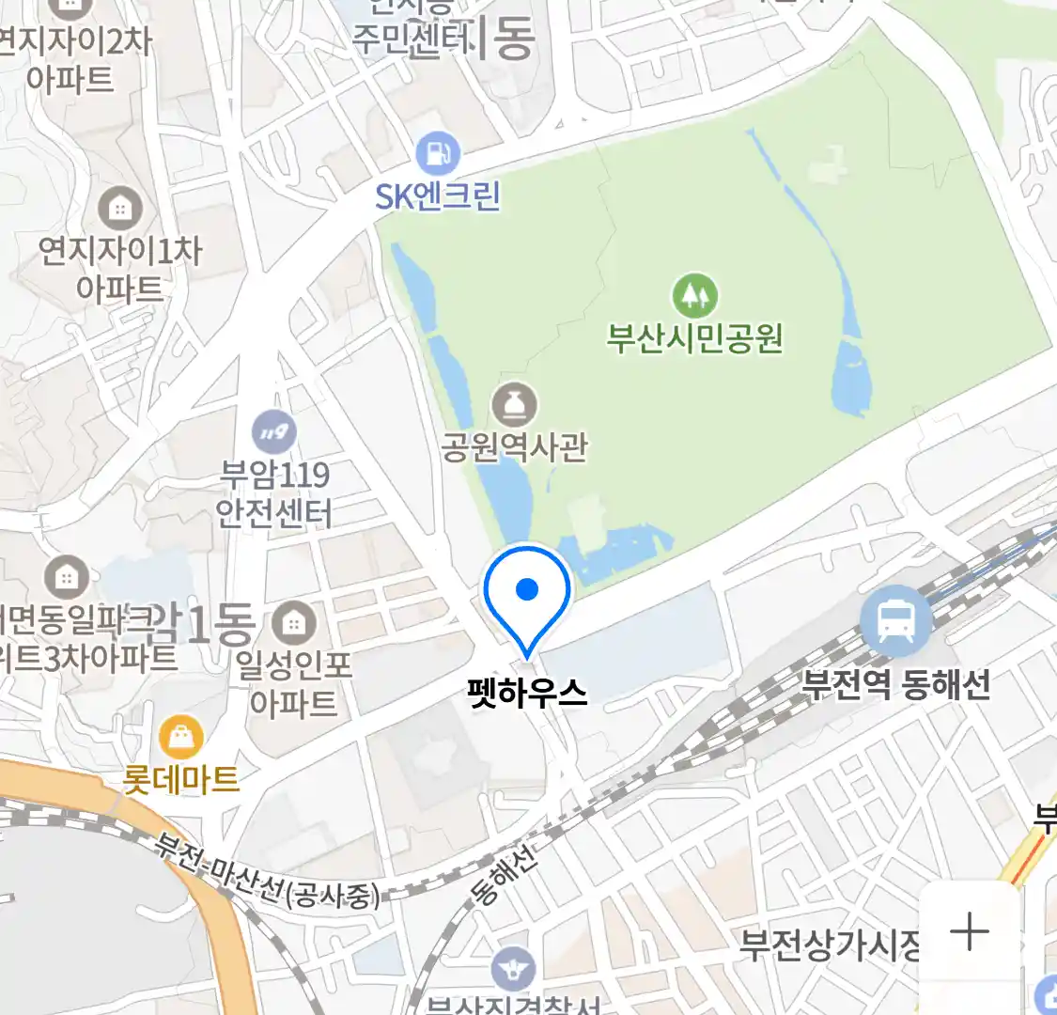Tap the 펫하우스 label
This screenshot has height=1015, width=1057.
(527, 693)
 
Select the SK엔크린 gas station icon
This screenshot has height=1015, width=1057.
(438, 152)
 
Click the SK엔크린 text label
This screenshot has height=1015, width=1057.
(438, 196)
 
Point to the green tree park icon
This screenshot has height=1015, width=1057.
(694, 295)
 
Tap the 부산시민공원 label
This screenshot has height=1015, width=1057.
(694, 337)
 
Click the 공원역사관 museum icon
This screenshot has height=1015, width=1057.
(515, 406)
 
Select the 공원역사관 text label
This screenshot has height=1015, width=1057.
(515, 445)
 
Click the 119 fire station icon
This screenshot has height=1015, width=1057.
(274, 432)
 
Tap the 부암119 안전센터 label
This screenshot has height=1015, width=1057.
(274, 492)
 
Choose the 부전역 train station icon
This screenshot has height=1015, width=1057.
(896, 621)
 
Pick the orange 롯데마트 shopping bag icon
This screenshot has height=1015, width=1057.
(181, 738)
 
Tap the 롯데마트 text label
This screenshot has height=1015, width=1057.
(181, 779)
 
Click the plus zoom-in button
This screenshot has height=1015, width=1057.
(970, 931)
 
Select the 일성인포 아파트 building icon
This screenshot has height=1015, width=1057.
(294, 622)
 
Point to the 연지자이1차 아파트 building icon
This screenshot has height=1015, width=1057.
(120, 209)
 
